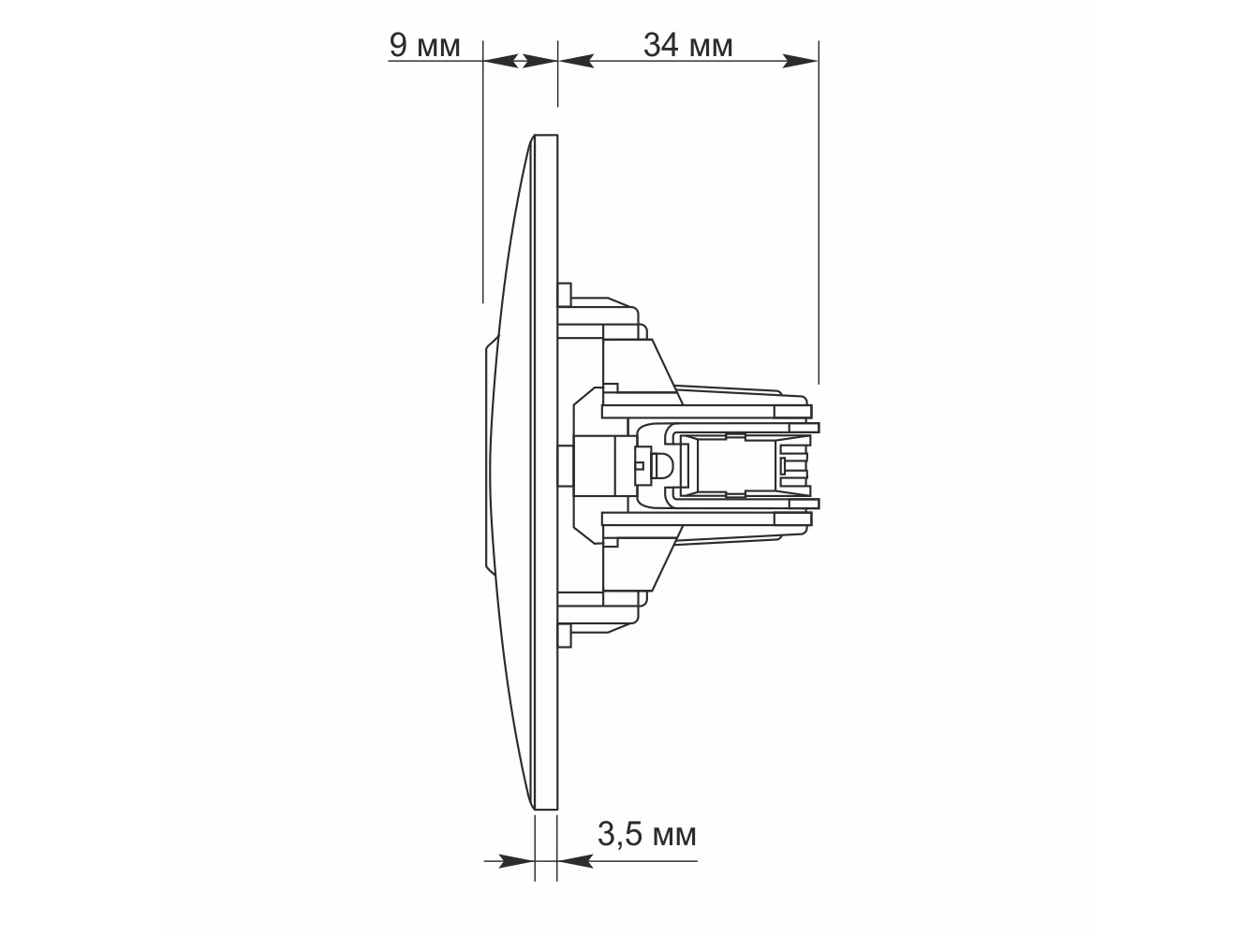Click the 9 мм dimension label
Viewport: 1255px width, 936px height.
pos(424,45)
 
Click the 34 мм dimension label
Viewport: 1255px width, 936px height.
pos(687,45)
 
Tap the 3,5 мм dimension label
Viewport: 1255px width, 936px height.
pos(646,834)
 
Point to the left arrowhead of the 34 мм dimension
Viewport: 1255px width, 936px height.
pos(576,61)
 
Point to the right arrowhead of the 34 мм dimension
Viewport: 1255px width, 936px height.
pos(800,61)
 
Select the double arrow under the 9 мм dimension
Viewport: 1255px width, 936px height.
pos(521,61)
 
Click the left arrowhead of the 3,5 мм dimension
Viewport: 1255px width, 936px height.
pos(516,860)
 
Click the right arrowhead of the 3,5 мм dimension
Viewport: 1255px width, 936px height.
pos(575,860)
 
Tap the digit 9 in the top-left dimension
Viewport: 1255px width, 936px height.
pos(398,45)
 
